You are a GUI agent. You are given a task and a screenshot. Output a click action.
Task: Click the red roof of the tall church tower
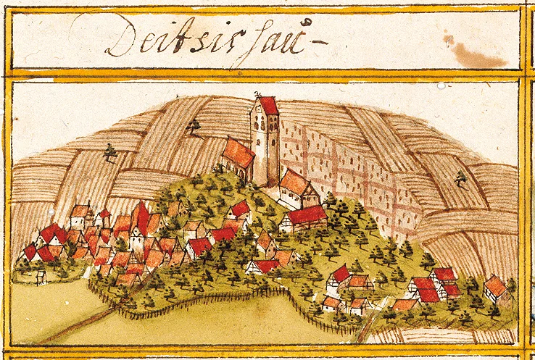coord(269,106)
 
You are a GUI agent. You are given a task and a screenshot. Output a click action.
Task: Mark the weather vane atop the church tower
coord(257,95)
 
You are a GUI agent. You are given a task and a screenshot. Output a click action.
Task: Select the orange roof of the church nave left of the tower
coord(238,153)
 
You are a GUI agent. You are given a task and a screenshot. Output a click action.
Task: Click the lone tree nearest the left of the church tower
coord(194,128)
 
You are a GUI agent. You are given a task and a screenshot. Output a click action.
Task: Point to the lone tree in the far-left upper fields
coord(110,153)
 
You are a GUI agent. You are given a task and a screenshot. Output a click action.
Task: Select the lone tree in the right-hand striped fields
coord(460,177)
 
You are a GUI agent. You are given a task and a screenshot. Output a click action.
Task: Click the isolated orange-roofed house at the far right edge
coord(496,287)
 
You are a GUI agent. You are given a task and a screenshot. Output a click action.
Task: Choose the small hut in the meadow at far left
coord(41,275)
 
